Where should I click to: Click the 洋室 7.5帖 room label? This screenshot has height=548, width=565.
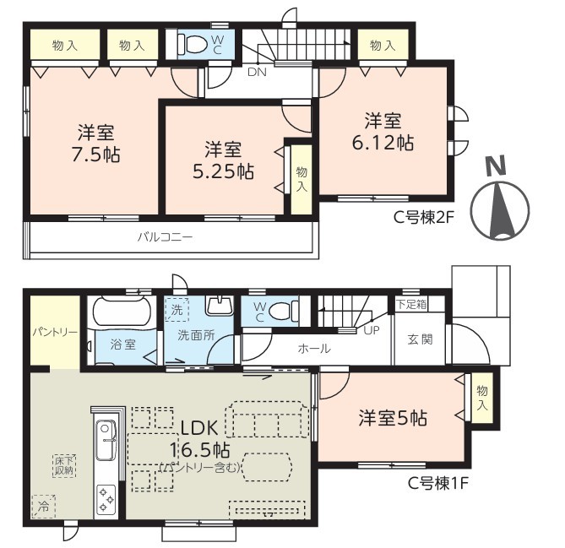(96, 144)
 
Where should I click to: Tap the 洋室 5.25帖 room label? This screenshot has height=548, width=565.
(224, 160)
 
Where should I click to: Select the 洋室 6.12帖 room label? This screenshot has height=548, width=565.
(383, 132)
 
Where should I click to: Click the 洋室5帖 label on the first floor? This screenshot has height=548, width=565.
(393, 418)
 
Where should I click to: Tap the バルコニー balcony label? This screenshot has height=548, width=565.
(166, 237)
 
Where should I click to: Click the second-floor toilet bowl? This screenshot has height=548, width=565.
(193, 44)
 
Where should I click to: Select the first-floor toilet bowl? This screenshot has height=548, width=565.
(283, 310)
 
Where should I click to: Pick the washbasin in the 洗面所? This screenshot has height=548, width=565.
(219, 305)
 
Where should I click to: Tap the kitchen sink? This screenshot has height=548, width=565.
(106, 440)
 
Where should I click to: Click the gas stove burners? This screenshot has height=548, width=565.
(106, 499)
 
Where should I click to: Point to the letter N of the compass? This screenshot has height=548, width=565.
(497, 166)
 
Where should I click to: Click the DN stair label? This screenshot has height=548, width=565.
(257, 72)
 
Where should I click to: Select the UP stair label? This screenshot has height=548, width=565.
(371, 330)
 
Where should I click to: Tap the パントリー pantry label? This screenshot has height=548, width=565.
(55, 332)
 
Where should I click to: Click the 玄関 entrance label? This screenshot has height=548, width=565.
(420, 339)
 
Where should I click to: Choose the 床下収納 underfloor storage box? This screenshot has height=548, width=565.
(64, 465)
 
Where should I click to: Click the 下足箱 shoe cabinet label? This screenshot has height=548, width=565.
(411, 304)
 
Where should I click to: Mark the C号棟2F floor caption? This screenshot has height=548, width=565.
(422, 217)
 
